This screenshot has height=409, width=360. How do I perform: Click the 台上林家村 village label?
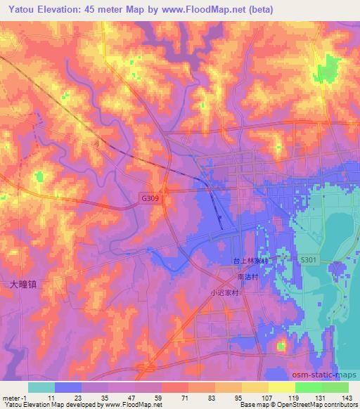[x=251, y=260]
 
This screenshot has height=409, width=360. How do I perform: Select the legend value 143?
[x=348, y=398]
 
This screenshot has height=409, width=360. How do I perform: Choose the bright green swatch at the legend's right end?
[x=335, y=387]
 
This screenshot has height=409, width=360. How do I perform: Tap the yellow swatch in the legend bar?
[x=281, y=387]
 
